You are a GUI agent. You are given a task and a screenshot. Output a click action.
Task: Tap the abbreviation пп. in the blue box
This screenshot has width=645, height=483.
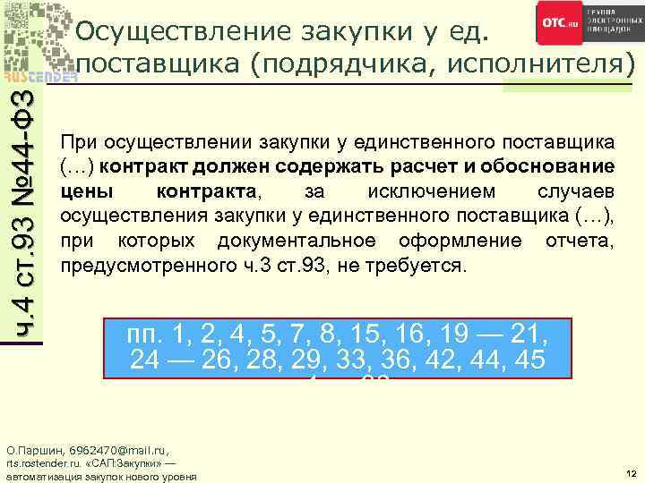click(149, 335)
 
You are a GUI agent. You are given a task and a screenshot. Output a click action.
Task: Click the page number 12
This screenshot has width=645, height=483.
click(631, 471)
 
